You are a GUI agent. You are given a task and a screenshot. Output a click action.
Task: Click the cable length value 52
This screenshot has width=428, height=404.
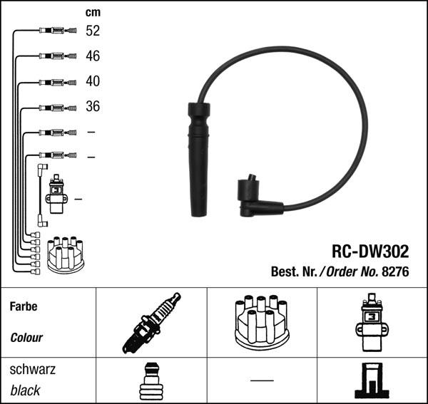[x=93, y=31]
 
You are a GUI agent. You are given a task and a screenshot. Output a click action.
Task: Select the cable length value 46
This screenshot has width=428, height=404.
[x=93, y=56]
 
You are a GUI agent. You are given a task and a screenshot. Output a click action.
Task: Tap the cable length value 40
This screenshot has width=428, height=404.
[x=93, y=81]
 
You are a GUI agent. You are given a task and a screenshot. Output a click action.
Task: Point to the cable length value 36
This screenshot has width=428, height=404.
[x=93, y=106]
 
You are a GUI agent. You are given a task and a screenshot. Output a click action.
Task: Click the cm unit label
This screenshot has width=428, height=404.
[x=93, y=12]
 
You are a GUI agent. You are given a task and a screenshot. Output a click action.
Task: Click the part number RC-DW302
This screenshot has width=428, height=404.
[x=370, y=251]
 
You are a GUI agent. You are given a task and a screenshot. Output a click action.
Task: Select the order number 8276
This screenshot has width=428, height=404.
[x=395, y=271]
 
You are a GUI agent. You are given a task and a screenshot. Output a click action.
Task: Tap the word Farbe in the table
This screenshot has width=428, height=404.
[x=24, y=306]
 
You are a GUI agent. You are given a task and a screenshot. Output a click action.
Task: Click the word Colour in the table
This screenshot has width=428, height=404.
[x=26, y=338]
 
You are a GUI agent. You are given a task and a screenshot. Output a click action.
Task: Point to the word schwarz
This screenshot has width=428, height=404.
[x=33, y=369]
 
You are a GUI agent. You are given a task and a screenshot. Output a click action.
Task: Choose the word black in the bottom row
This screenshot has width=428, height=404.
[x=25, y=390]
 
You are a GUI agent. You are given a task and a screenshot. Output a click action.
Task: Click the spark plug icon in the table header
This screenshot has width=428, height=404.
[x=151, y=323]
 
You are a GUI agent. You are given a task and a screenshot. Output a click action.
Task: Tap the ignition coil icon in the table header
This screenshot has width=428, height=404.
[x=372, y=323]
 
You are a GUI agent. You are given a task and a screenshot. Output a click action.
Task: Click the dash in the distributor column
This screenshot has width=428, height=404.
[x=262, y=380]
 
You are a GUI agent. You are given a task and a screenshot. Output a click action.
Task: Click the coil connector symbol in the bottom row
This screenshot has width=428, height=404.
[x=372, y=380]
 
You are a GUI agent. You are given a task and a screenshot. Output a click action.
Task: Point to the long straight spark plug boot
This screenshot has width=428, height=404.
[x=199, y=160]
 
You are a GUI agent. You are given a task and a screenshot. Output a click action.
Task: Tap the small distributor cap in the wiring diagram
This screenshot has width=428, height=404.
[x=66, y=255]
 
